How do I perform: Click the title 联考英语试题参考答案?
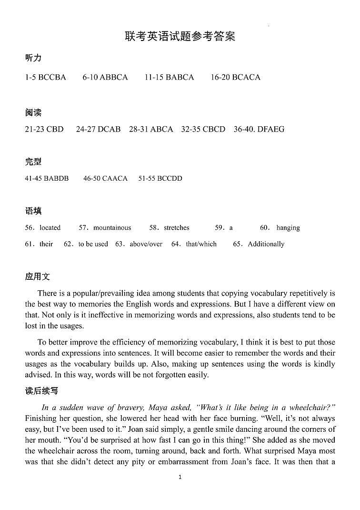180,36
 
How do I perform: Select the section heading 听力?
33,58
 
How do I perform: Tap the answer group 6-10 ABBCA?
105,77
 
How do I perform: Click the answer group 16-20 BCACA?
235,77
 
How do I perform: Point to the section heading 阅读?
33,113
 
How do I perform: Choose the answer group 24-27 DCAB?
98,129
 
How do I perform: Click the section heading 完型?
33,162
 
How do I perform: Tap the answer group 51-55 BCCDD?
160,178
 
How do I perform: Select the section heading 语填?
33,211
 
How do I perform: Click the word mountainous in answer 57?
112,228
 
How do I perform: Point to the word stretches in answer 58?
176,228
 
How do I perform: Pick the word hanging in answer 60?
288,228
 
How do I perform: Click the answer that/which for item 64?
201,244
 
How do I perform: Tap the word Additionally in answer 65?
266,244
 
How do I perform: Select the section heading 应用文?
37,277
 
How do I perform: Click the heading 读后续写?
41,391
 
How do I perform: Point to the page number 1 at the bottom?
180,477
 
